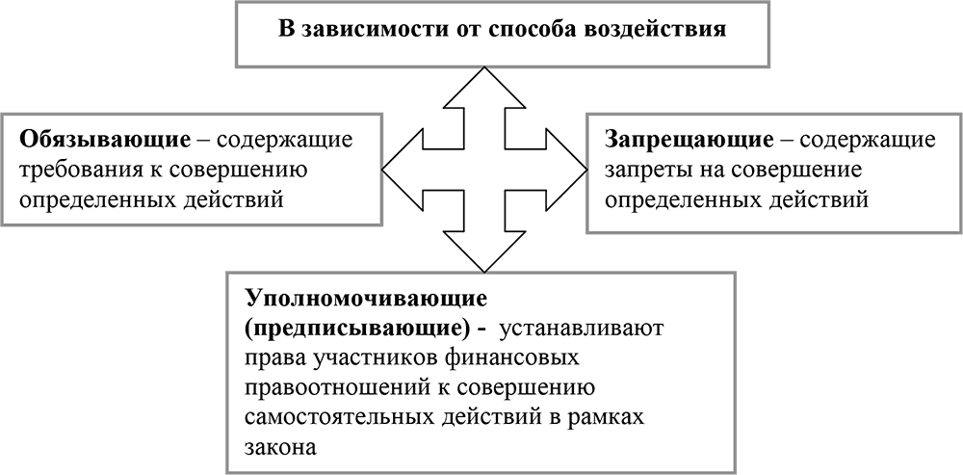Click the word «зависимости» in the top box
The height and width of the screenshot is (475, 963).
[x=368, y=30]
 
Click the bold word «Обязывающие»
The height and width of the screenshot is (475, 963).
[x=105, y=140]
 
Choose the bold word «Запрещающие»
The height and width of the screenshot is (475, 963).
[x=690, y=140]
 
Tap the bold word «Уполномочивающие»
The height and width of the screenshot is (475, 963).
[x=366, y=298]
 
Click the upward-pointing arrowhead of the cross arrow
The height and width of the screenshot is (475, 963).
[x=484, y=88]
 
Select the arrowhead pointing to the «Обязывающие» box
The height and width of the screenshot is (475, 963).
[x=403, y=169]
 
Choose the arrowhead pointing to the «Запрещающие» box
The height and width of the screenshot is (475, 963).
[x=566, y=169]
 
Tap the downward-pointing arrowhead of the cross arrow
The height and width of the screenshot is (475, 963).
[x=484, y=251]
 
